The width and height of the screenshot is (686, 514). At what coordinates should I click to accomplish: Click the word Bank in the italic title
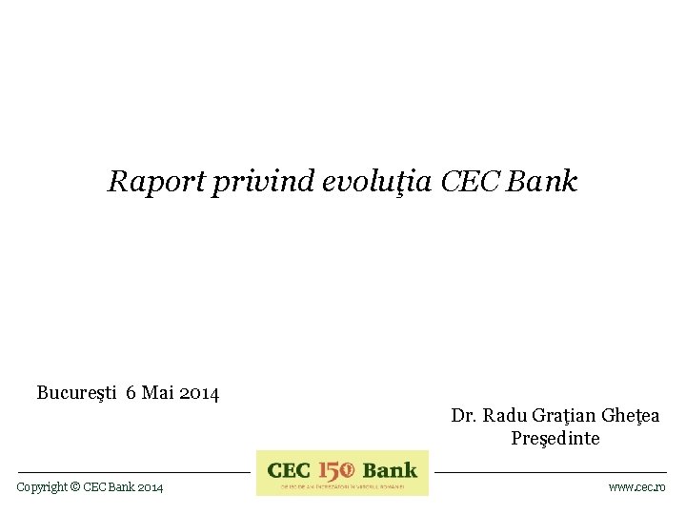click(542, 181)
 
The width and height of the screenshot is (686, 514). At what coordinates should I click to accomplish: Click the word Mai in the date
click(157, 392)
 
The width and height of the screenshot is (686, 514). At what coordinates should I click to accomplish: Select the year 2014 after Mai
click(199, 392)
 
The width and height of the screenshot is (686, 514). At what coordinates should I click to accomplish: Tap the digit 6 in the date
click(131, 392)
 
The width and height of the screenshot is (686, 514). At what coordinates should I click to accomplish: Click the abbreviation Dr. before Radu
click(464, 415)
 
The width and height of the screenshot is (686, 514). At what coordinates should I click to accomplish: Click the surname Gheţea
click(631, 416)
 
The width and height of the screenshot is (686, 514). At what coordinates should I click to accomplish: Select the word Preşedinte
click(555, 439)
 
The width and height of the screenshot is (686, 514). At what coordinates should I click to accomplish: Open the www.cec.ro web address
click(637, 487)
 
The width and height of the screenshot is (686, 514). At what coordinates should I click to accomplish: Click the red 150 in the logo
click(336, 470)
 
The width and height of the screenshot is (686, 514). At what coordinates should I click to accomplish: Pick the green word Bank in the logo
click(391, 470)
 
